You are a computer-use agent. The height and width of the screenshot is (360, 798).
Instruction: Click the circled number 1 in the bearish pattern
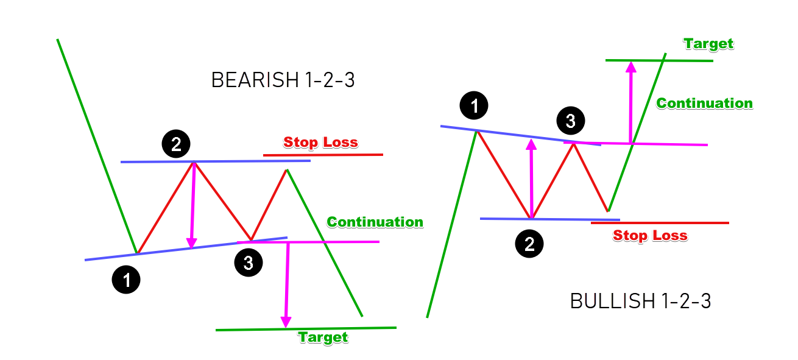tap(126, 280)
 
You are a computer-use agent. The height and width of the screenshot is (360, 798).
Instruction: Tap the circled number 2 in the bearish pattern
tap(175, 144)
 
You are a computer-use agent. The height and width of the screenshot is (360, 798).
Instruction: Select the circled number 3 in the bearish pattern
tap(248, 263)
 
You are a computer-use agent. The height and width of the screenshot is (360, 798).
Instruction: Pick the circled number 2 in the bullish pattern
tap(529, 244)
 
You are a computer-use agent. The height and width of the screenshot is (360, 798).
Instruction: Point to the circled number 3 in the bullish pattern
tap(570, 121)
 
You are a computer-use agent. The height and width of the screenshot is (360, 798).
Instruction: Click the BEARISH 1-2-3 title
tap(283, 80)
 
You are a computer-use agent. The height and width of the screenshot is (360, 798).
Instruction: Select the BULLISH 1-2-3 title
tap(640, 301)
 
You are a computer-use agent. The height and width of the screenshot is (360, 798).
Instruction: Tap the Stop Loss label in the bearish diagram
tap(320, 143)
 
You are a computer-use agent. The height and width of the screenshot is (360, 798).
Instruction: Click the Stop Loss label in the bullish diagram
tap(650, 236)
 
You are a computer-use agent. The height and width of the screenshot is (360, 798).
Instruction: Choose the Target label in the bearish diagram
tap(323, 337)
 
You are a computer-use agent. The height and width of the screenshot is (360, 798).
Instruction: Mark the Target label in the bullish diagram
tap(708, 44)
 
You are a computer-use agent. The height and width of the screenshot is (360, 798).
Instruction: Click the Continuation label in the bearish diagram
tap(375, 222)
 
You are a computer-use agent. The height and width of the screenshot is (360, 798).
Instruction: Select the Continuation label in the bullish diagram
tap(704, 104)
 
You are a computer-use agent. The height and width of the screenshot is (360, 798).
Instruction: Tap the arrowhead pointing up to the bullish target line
tap(630, 66)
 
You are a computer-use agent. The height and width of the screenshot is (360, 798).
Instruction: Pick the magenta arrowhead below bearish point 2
tap(192, 242)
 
